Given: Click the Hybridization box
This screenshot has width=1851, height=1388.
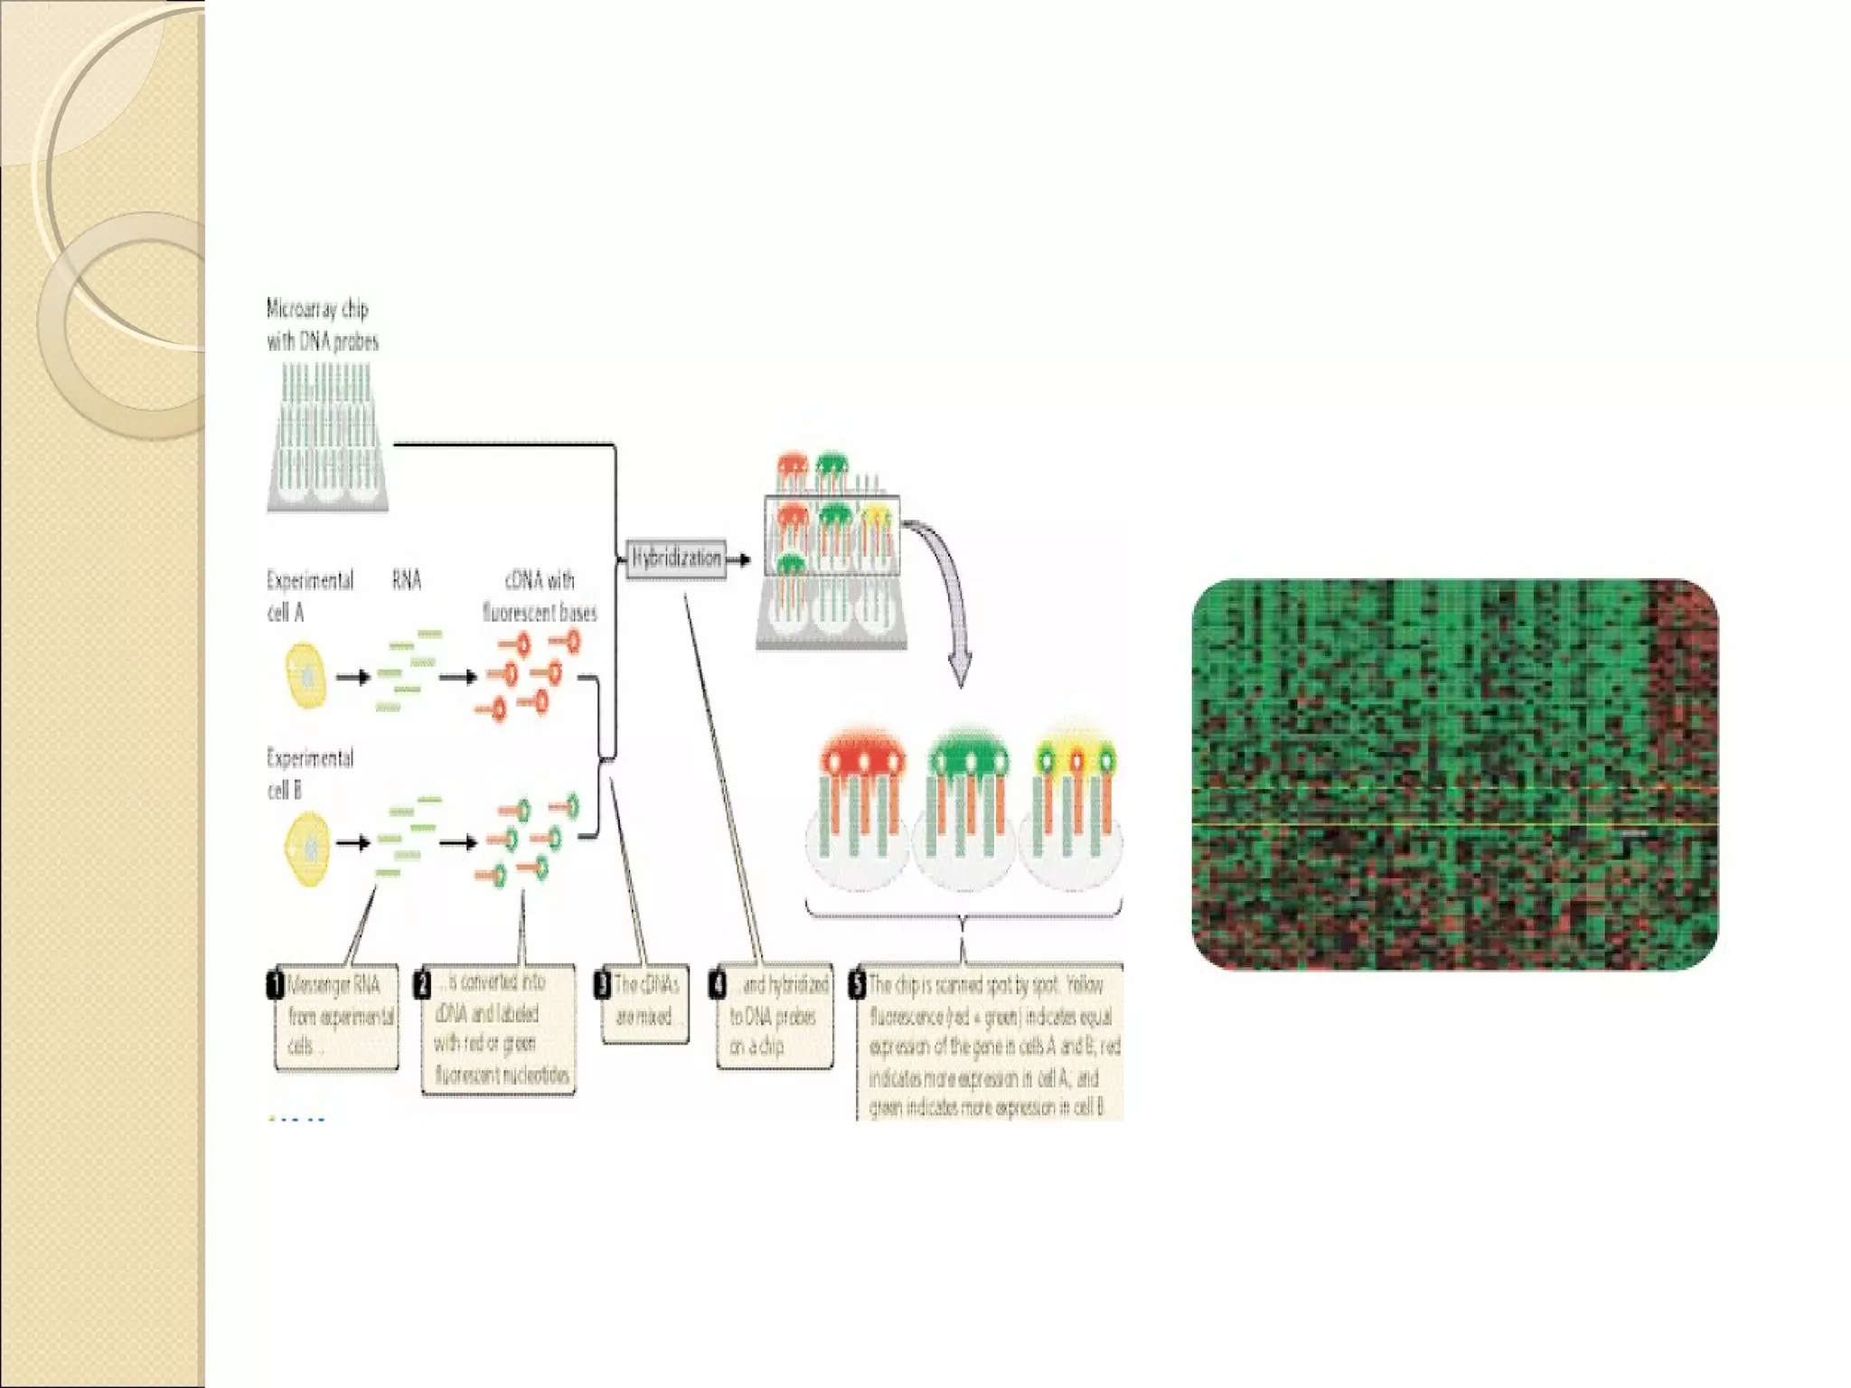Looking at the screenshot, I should pyautogui.click(x=675, y=558).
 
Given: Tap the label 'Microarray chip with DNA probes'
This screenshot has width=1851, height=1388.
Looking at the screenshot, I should pyautogui.click(x=322, y=325).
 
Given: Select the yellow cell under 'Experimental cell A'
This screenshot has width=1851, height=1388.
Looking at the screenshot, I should pyautogui.click(x=305, y=675).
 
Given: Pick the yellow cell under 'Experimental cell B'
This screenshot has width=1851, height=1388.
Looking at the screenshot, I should pyautogui.click(x=307, y=848).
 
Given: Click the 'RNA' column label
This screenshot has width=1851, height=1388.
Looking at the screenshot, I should pyautogui.click(x=407, y=580).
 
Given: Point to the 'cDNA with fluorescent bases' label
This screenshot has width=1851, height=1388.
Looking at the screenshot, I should pyautogui.click(x=540, y=596).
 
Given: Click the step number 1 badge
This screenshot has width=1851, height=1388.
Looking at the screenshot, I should pyautogui.click(x=276, y=984).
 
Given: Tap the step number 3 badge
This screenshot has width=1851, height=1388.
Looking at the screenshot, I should pyautogui.click(x=603, y=984).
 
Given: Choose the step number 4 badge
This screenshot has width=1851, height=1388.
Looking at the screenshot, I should pyautogui.click(x=718, y=984).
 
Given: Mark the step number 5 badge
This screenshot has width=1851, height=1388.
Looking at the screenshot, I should pyautogui.click(x=857, y=984).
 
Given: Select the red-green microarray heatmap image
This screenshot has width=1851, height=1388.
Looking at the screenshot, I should pyautogui.click(x=1455, y=774).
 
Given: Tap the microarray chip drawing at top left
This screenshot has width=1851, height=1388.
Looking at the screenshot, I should pyautogui.click(x=327, y=438).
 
